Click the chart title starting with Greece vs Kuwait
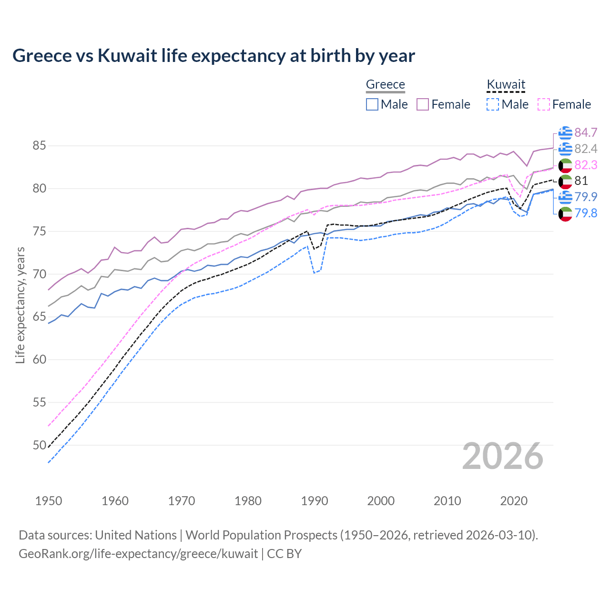point(213,56)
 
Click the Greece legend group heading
point(385,84)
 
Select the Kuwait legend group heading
point(506,84)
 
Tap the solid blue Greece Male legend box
point(372,104)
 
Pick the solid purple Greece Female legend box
point(423,104)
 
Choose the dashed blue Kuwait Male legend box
point(493,104)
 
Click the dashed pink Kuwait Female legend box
point(544,104)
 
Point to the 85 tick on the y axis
point(39,145)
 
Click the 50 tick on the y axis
point(39,445)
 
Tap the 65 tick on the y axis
point(39,317)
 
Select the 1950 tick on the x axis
point(49,501)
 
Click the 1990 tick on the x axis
point(315,501)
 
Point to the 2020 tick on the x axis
point(514,501)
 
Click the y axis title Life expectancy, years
point(20,305)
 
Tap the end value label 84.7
point(586,132)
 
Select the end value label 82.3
point(586,165)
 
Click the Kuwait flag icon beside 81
point(565,181)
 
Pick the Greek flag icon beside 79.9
point(565,197)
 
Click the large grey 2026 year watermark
point(502,457)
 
